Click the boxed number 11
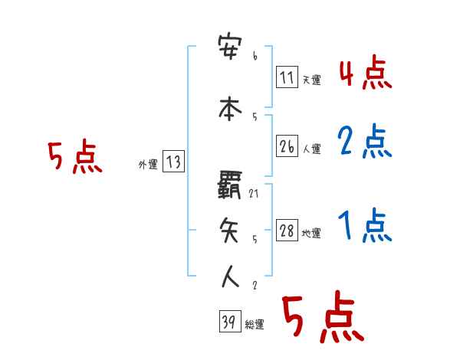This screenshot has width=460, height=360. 287,77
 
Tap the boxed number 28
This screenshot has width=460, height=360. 287,231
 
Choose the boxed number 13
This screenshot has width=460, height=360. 173,162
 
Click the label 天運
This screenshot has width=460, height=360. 310,80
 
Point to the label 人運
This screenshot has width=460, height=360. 310,149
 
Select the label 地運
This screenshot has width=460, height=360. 310,233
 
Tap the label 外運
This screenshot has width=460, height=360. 147,164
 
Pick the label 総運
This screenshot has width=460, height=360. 254,325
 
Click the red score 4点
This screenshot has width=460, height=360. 365,75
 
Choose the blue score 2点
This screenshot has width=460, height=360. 365,142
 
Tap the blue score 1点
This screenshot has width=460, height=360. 365,226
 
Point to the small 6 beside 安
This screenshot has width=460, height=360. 254,56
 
